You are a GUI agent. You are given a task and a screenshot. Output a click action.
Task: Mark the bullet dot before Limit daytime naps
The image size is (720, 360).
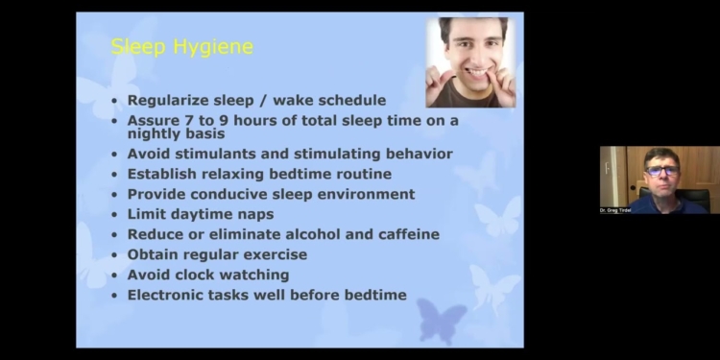(x=116, y=215)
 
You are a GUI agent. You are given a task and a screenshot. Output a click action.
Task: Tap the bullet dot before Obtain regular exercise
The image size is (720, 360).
(x=116, y=255)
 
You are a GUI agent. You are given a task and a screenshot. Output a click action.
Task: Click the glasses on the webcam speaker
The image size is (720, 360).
(x=661, y=170)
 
